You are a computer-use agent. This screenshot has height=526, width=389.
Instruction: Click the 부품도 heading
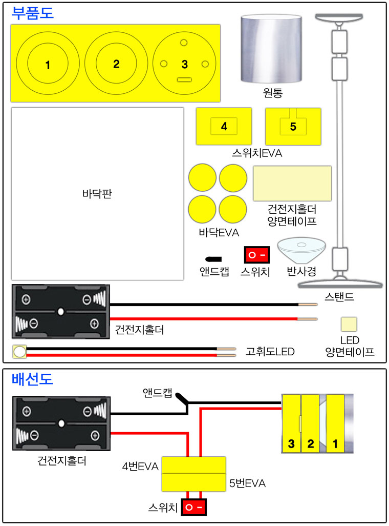point(32,13)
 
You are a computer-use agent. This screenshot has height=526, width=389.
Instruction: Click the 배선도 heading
point(32,379)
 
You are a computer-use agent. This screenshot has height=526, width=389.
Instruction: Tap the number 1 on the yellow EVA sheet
point(48,65)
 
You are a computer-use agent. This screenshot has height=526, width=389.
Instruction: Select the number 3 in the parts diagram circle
point(185,65)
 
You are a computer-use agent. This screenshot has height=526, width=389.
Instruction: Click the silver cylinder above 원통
point(271,49)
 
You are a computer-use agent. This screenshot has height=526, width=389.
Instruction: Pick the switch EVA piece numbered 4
point(224,126)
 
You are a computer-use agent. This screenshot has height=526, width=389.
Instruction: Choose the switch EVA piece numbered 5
point(293,127)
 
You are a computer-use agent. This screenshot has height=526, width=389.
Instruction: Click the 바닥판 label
point(97,194)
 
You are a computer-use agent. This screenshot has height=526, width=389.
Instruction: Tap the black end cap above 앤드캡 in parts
point(213,259)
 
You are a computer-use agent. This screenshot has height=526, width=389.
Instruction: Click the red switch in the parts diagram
point(256,255)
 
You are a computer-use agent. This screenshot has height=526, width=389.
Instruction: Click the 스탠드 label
point(339,296)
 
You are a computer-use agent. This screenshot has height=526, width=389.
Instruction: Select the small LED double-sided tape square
point(349,325)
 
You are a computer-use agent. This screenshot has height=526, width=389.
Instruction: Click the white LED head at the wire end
point(20,352)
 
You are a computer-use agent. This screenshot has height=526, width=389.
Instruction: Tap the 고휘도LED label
point(270,352)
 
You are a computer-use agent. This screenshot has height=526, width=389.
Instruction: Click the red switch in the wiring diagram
point(193,507)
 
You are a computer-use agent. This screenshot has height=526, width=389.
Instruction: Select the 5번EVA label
point(247,483)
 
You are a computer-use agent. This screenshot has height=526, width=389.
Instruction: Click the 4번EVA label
point(140,467)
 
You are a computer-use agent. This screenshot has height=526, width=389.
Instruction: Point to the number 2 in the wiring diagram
point(311,443)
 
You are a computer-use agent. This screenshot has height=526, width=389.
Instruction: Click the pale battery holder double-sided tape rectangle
point(292,184)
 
